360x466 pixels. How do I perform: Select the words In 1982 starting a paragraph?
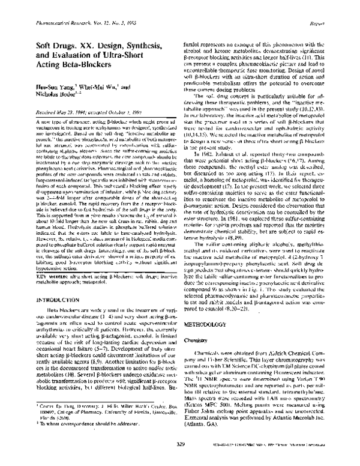coord(207,153)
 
